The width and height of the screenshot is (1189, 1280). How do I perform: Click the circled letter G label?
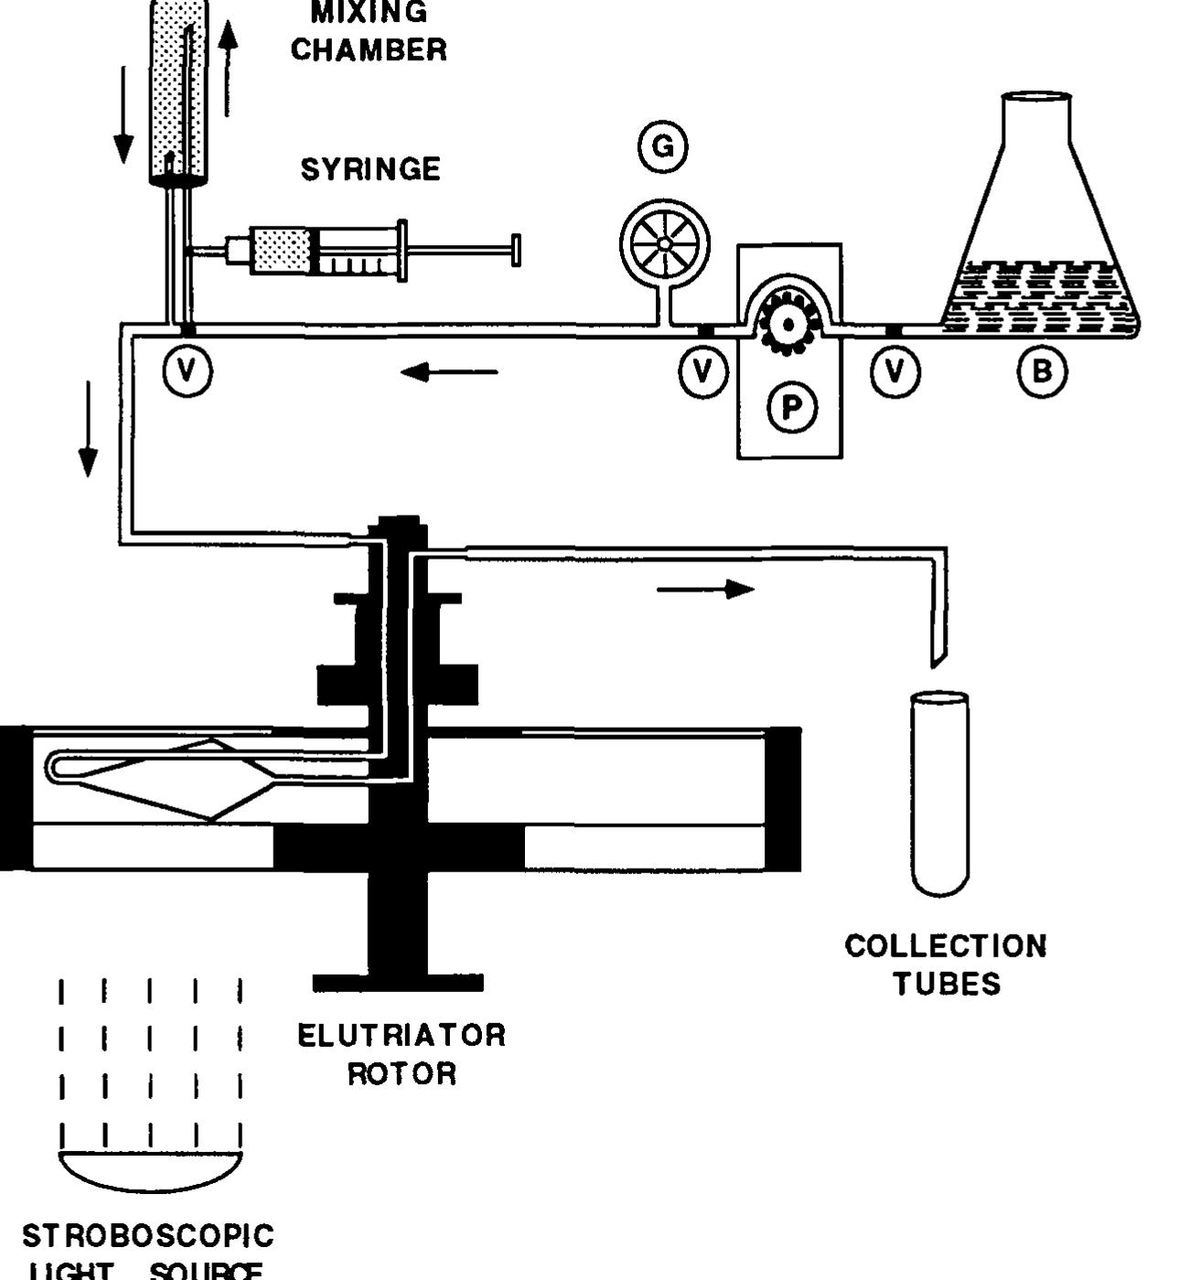(663, 146)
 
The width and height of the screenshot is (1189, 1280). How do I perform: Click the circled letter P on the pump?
(791, 407)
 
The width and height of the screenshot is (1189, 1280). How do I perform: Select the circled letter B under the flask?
(1042, 372)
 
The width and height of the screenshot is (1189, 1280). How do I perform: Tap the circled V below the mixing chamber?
(187, 371)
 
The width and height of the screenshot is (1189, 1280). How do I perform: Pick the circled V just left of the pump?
(702, 372)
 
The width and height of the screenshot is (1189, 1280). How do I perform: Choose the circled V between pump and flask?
(894, 372)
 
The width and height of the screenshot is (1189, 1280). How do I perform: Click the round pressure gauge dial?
(664, 244)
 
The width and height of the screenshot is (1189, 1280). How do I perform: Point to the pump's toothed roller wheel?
(787, 323)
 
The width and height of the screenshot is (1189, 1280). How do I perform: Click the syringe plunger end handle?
(516, 250)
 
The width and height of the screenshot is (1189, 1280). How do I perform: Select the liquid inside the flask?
(1038, 297)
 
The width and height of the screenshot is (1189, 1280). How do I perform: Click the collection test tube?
(939, 791)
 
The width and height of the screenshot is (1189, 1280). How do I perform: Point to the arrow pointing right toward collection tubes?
(705, 590)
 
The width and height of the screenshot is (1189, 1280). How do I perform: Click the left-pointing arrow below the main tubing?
(449, 372)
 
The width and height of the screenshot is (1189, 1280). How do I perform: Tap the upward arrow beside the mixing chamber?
(229, 69)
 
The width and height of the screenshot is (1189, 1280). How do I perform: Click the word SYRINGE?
(370, 169)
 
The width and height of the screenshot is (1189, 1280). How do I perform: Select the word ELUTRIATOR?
(402, 1035)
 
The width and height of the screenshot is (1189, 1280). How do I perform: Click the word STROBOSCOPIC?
(148, 1236)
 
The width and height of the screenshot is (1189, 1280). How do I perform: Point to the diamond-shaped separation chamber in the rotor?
(183, 779)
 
